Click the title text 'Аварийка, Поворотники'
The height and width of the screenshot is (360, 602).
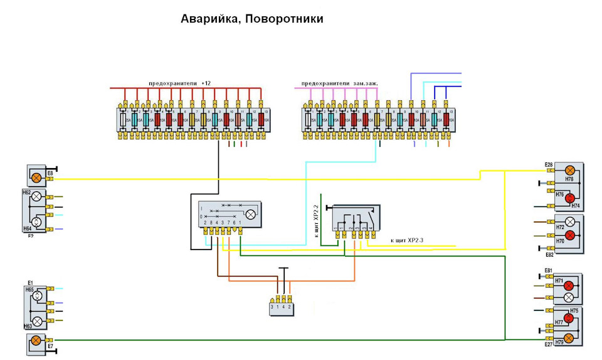point(252,19)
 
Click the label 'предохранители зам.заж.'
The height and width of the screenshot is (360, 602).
point(339,83)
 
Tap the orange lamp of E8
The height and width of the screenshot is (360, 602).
point(36,177)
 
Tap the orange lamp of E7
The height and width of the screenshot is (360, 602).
point(36,341)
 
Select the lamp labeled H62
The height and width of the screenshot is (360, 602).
point(36,197)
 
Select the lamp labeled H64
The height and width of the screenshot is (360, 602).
point(36,221)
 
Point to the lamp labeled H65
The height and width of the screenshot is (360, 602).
point(37,295)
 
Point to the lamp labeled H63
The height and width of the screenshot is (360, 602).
point(37,321)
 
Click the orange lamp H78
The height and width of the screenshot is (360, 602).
point(570,171)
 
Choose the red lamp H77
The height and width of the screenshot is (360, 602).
point(569,318)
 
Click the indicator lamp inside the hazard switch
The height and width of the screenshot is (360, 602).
point(251,214)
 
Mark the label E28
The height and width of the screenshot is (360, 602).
point(549,165)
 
